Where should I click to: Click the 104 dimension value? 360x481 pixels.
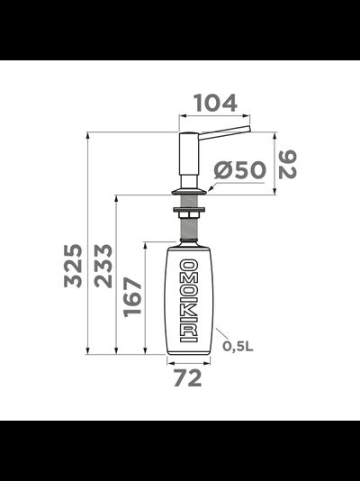pyautogui.click(x=214, y=104)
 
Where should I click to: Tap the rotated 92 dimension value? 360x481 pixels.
pyautogui.click(x=286, y=163)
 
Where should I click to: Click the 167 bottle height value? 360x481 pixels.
pyautogui.click(x=132, y=297)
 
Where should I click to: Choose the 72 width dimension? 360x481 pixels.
pyautogui.click(x=188, y=378)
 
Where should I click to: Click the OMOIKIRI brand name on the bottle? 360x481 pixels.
pyautogui.click(x=189, y=299)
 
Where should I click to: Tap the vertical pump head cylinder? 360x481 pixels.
pyautogui.click(x=189, y=158)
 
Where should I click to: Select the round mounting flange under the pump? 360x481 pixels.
pyautogui.click(x=189, y=192)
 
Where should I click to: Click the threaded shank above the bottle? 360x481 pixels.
pyautogui.click(x=189, y=230)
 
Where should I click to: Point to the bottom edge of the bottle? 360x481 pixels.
pyautogui.click(x=189, y=353)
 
